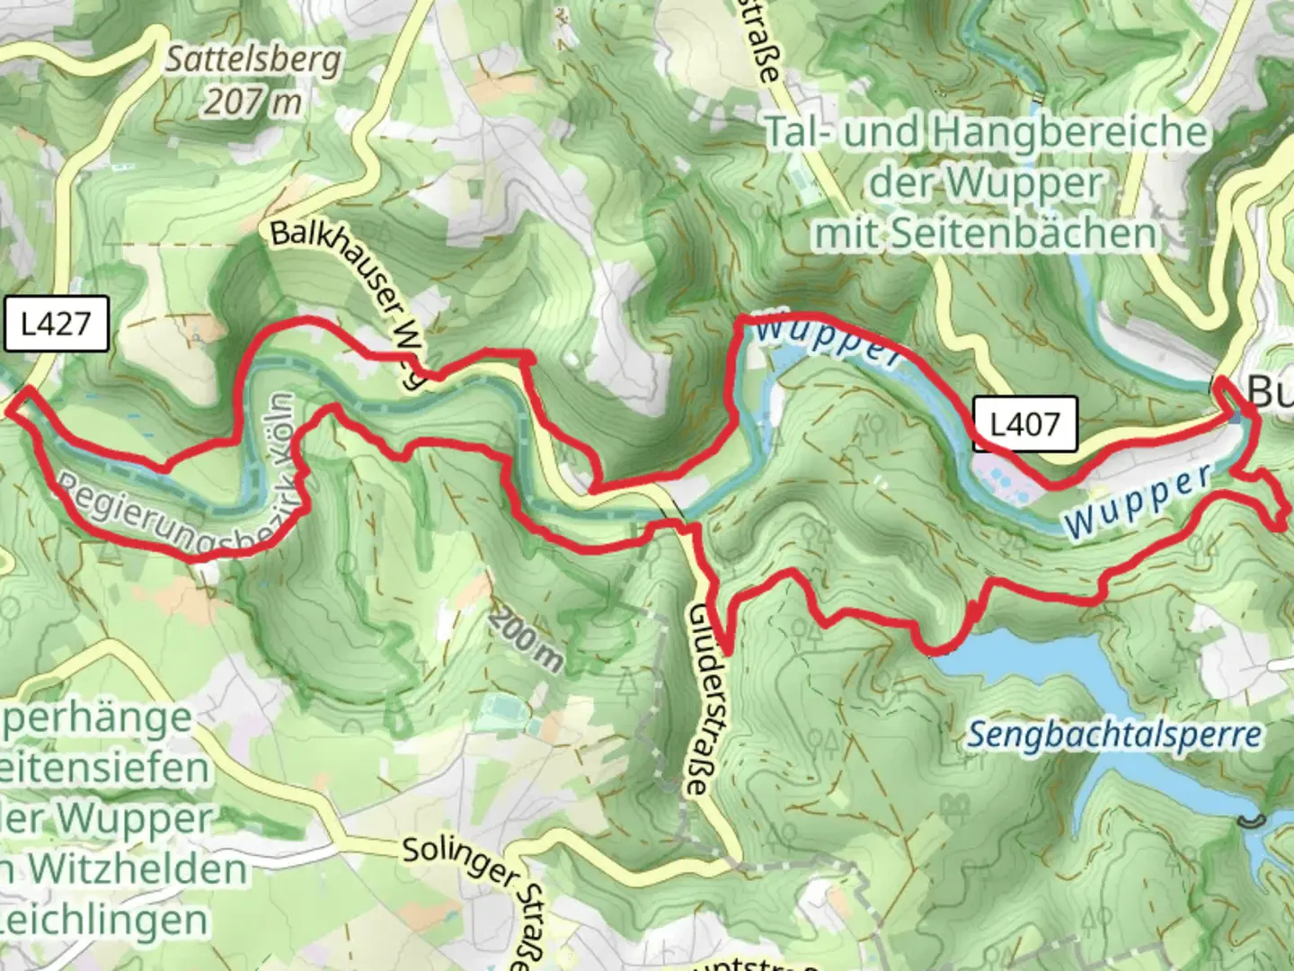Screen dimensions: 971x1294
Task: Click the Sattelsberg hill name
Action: pos(254,60)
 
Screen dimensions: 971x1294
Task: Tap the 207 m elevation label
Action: pos(253,102)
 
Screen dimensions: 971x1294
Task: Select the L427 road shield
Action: pos(56,324)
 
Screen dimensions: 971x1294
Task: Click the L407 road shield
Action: pos(1024,423)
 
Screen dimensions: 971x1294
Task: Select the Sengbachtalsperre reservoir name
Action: pos(1114,735)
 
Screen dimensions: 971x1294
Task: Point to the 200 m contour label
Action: pos(527,642)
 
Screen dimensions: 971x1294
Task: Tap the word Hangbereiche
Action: pos(1069,133)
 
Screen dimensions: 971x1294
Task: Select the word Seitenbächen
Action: pos(1024,235)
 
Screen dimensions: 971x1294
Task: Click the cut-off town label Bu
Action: pos(1271,392)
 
